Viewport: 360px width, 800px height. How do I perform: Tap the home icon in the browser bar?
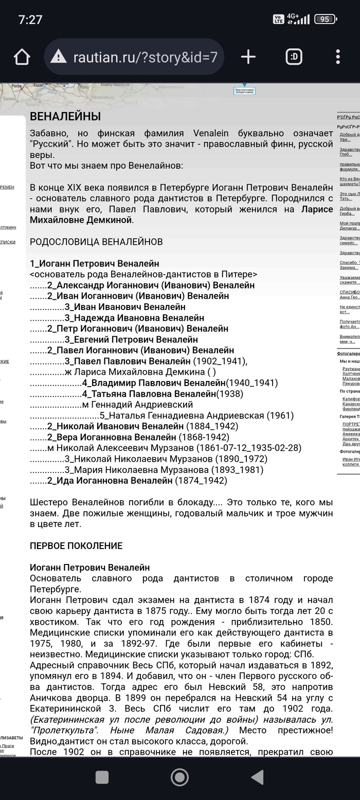pyautogui.click(x=22, y=57)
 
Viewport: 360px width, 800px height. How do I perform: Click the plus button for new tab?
pyautogui.click(x=248, y=57)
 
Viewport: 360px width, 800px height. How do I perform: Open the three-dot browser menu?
pyautogui.click(x=338, y=57)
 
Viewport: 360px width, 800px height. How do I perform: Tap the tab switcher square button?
pyautogui.click(x=294, y=57)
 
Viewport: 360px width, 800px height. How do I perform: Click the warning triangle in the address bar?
pyautogui.click(x=59, y=57)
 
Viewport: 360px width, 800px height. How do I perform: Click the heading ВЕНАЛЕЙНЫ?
pyautogui.click(x=65, y=117)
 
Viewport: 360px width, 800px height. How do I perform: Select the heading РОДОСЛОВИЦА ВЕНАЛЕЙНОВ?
pyautogui.click(x=96, y=242)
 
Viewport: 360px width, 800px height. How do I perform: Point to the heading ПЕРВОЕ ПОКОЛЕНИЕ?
pyautogui.click(x=76, y=546)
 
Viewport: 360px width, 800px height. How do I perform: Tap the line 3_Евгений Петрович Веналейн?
pyautogui.click(x=131, y=339)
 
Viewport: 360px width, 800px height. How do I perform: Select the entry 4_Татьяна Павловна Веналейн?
pyautogui.click(x=149, y=394)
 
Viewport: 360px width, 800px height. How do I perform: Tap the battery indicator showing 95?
pyautogui.click(x=325, y=20)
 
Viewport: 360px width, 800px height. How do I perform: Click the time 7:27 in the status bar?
pyautogui.click(x=30, y=20)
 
